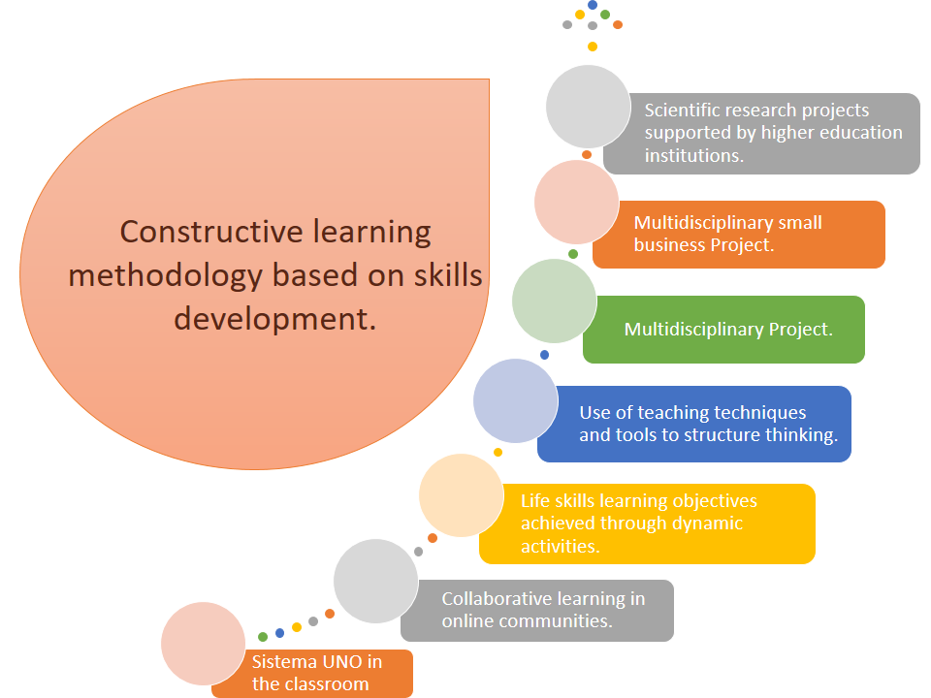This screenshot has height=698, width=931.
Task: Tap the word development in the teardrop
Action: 274,320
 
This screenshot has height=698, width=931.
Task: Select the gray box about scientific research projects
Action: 762,134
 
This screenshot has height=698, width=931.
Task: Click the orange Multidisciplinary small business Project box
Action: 739,235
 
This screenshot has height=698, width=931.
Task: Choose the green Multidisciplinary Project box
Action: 723,330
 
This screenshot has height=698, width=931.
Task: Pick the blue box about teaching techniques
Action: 694,424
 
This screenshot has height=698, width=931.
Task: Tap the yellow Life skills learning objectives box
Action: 647,523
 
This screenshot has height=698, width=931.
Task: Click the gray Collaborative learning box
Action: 537,610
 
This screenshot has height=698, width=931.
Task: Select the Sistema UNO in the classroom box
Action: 312,674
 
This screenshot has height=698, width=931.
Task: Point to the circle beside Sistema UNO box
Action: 203,644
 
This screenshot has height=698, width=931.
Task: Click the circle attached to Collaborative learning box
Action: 376,581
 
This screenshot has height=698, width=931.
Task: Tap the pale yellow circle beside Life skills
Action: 462,495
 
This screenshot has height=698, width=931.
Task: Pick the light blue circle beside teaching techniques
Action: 515,400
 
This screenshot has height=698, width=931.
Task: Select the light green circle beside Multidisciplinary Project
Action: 554,301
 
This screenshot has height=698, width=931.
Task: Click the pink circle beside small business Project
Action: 576,202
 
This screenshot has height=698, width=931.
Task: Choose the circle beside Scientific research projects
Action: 588,107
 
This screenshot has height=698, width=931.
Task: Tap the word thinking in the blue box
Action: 802,435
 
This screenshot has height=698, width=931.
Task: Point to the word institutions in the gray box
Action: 694,155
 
